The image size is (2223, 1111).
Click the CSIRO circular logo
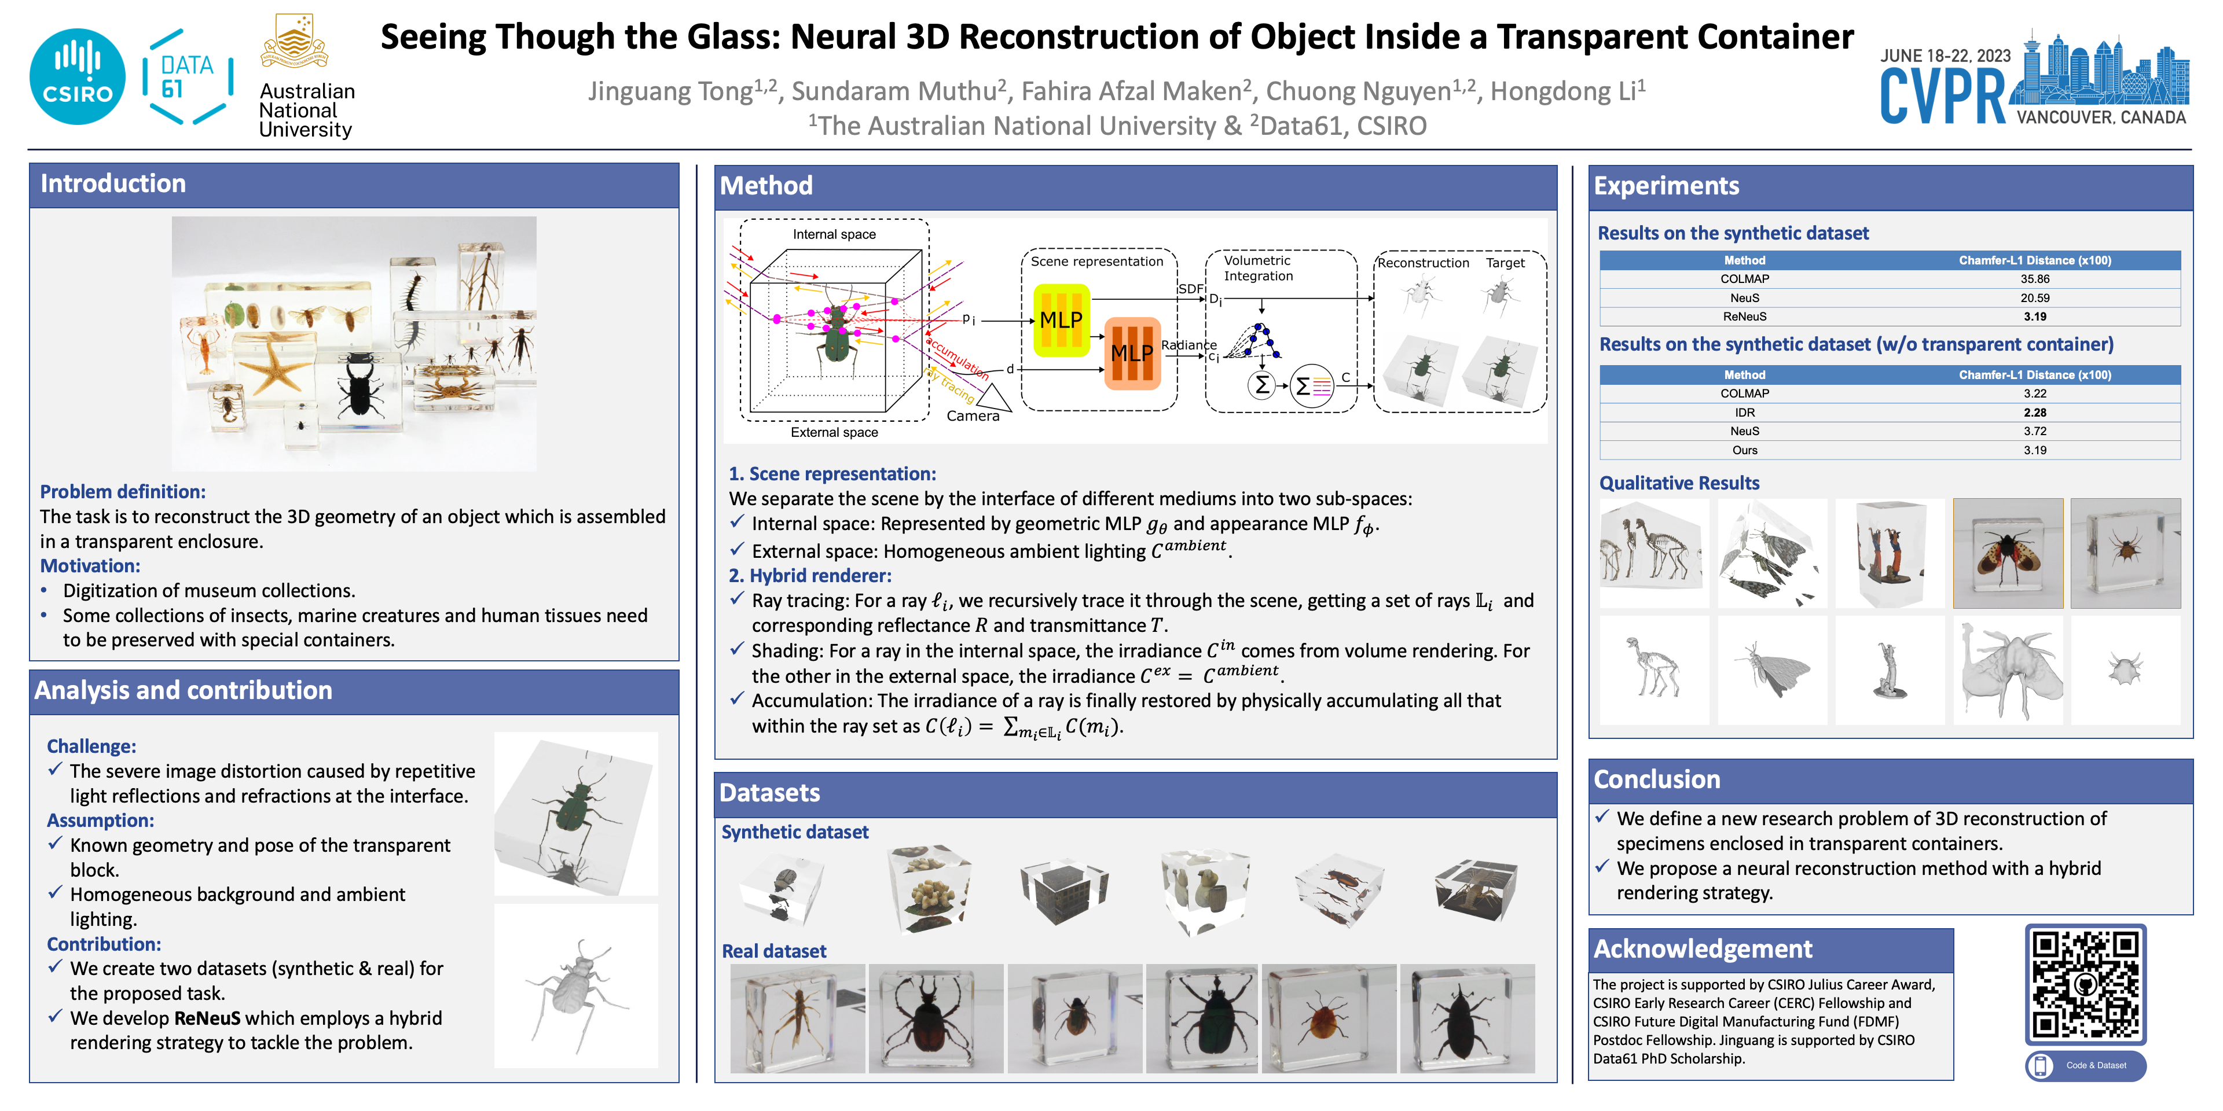click(x=77, y=77)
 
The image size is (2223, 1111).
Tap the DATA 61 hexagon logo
click(x=187, y=77)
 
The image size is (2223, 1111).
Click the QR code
click(x=2085, y=984)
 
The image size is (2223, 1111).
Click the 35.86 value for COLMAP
click(x=2034, y=278)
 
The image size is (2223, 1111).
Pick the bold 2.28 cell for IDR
click(x=2034, y=413)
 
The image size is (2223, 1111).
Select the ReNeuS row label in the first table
click(x=1744, y=317)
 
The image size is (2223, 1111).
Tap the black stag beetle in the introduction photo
click(x=361, y=388)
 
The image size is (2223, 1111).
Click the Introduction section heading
click(x=113, y=184)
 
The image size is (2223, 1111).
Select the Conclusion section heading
click(x=1656, y=779)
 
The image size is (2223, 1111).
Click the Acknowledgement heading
click(x=1702, y=949)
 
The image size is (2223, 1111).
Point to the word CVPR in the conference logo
click(x=1943, y=97)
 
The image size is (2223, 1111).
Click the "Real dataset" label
click(x=773, y=951)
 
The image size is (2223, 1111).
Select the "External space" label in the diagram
click(x=834, y=432)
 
